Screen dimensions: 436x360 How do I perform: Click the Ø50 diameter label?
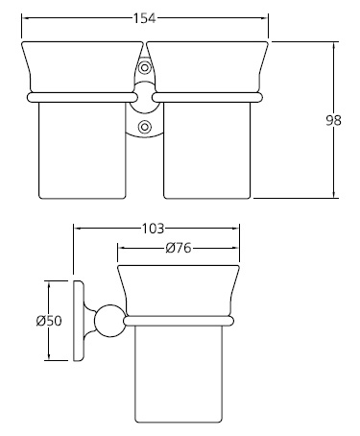click(49, 321)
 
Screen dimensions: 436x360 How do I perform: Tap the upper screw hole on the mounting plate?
click(145, 68)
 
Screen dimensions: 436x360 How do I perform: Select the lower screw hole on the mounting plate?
click(145, 125)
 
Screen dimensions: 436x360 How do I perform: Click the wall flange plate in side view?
click(79, 321)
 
